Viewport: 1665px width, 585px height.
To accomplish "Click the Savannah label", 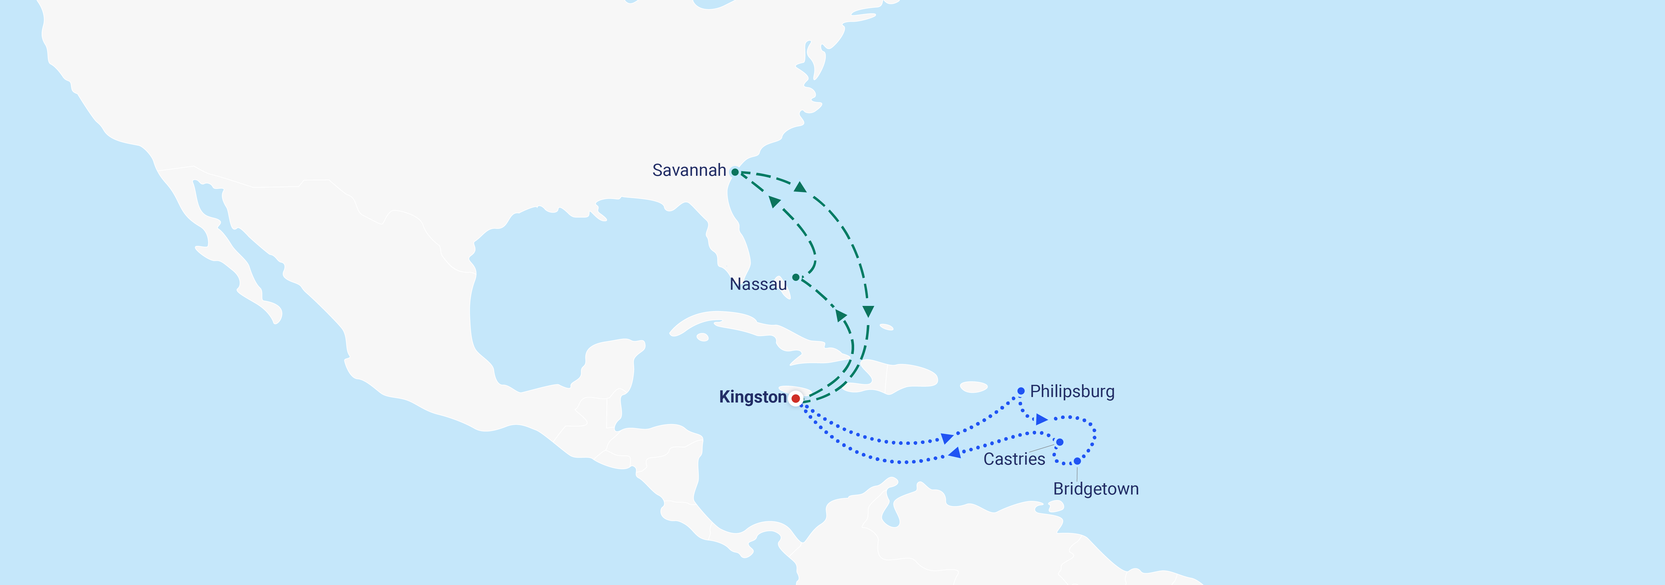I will pyautogui.click(x=689, y=170).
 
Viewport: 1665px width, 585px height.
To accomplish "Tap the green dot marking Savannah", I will pyautogui.click(x=735, y=172).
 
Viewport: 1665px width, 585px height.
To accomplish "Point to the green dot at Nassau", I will pyautogui.click(x=796, y=277).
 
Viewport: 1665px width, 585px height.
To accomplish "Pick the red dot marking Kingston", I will pyautogui.click(x=796, y=399).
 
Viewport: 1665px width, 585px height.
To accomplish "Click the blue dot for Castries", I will pyautogui.click(x=1060, y=442).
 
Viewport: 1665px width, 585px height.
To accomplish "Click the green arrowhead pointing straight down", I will pyautogui.click(x=868, y=312).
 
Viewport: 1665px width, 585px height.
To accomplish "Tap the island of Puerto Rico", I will pyautogui.click(x=973, y=387).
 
